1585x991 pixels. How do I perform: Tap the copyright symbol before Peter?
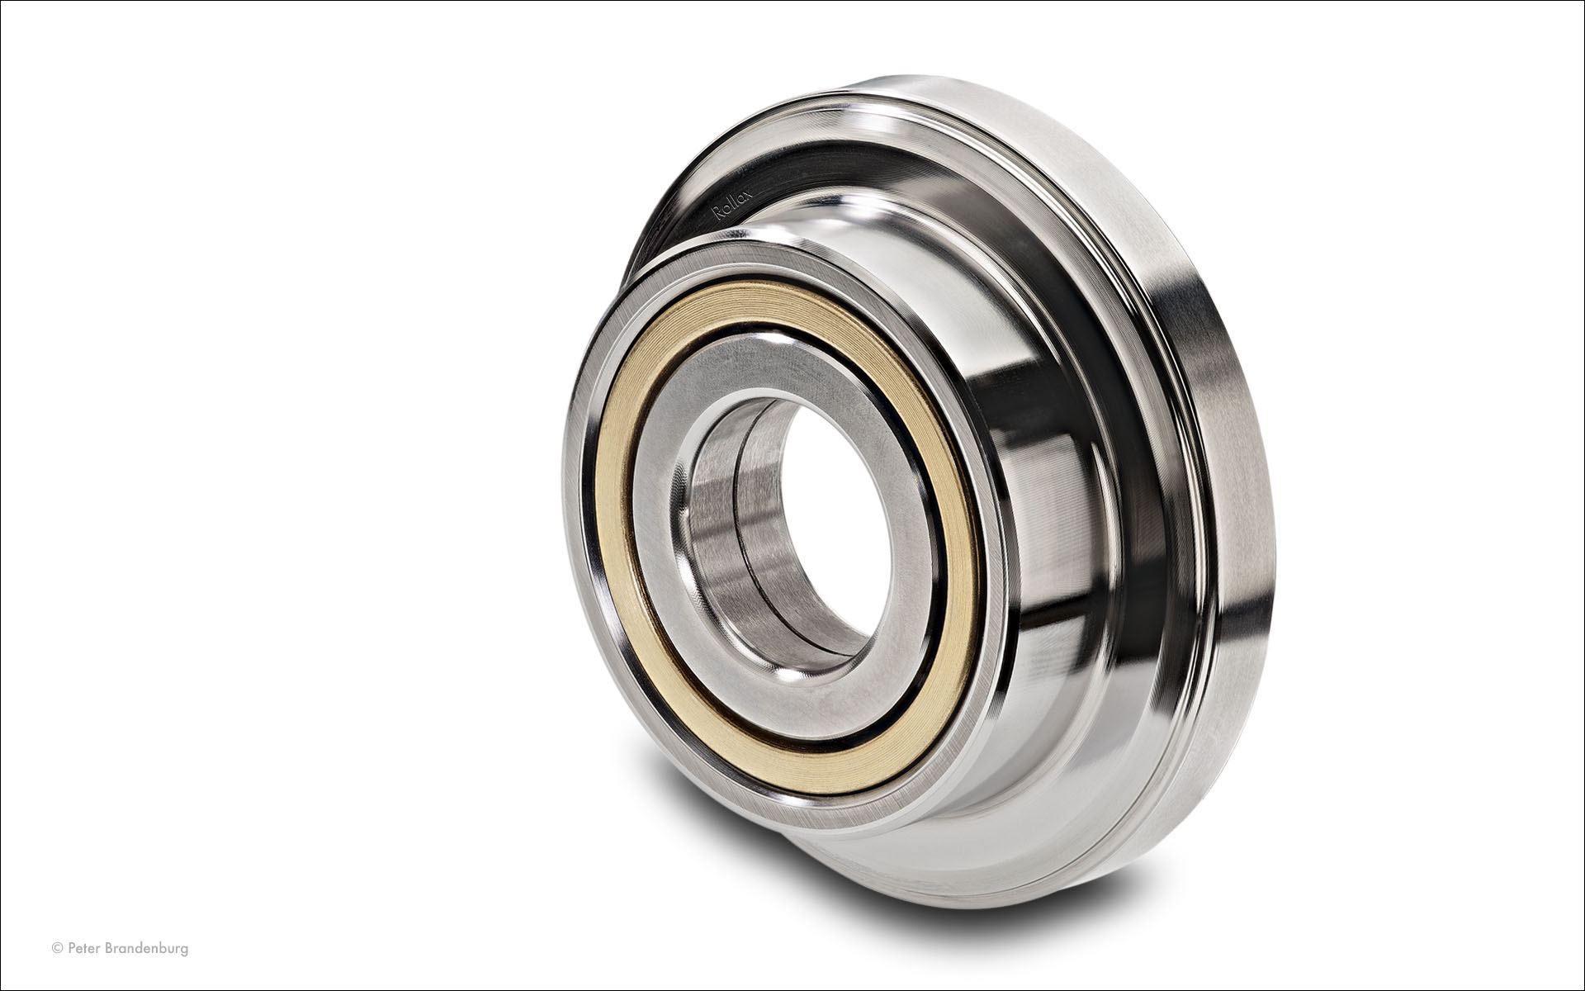tap(57, 948)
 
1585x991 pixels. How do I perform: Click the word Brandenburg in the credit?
tap(146, 949)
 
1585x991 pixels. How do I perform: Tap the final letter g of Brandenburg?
tap(184, 951)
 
